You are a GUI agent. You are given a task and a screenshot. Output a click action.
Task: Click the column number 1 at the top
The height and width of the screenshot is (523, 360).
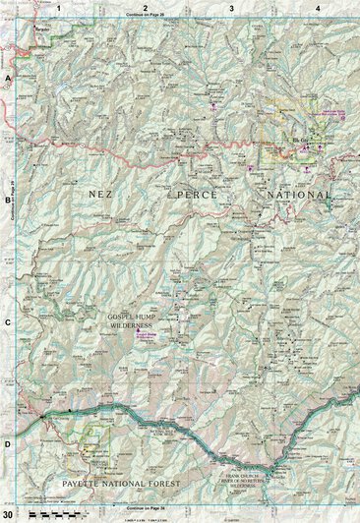tap(59, 8)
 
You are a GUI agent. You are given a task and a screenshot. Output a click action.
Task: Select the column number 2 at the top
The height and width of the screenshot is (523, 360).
tap(146, 8)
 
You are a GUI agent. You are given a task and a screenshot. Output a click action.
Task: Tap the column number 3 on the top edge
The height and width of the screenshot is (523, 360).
tap(231, 8)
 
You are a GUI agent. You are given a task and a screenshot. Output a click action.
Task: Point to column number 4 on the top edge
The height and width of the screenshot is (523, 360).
tap(318, 8)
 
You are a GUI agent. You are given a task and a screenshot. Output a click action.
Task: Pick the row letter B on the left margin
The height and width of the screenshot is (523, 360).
tap(7, 198)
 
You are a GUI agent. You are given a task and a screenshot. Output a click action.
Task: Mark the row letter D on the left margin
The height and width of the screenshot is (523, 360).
tap(7, 444)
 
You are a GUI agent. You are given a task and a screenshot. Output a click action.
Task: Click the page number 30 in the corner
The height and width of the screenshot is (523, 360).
tap(9, 514)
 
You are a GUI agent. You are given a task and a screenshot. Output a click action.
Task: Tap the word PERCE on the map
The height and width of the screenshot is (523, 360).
tap(201, 196)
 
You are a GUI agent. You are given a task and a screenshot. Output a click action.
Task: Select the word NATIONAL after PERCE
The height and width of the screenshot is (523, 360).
tap(299, 196)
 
